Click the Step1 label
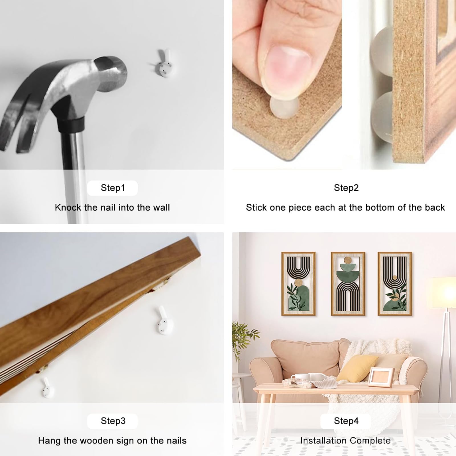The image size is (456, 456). pyautogui.click(x=113, y=188)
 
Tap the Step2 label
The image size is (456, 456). pyautogui.click(x=346, y=188)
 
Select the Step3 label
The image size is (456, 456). pyautogui.click(x=113, y=421)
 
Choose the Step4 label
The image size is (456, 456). pyautogui.click(x=346, y=421)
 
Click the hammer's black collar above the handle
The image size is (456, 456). pyautogui.click(x=71, y=123)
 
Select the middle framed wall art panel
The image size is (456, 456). pyautogui.click(x=348, y=284)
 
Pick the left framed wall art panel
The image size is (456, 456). pyautogui.click(x=298, y=284)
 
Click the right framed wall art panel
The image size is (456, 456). pyautogui.click(x=395, y=284)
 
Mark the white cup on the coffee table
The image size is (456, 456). pyautogui.click(x=319, y=377)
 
